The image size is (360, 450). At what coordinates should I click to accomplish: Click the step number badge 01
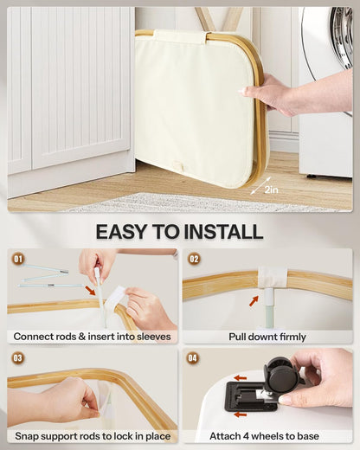coord(18,259)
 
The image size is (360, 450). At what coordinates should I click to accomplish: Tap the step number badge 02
coord(194,259)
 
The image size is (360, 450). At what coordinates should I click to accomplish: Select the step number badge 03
coord(17,358)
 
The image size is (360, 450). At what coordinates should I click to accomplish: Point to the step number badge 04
coord(193,358)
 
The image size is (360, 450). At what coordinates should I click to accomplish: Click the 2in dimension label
coord(271,190)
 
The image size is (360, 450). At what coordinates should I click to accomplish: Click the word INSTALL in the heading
coord(223,232)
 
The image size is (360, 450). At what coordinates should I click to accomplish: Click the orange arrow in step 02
coord(254,301)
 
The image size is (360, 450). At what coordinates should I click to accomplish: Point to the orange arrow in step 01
coord(90,290)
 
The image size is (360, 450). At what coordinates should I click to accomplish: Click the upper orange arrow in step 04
coord(241,378)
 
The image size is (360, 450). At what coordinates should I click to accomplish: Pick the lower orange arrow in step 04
coord(241,415)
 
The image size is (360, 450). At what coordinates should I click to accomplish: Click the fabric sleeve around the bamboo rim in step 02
coord(273,278)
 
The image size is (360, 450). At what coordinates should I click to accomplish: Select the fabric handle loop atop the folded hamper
coord(182,35)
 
